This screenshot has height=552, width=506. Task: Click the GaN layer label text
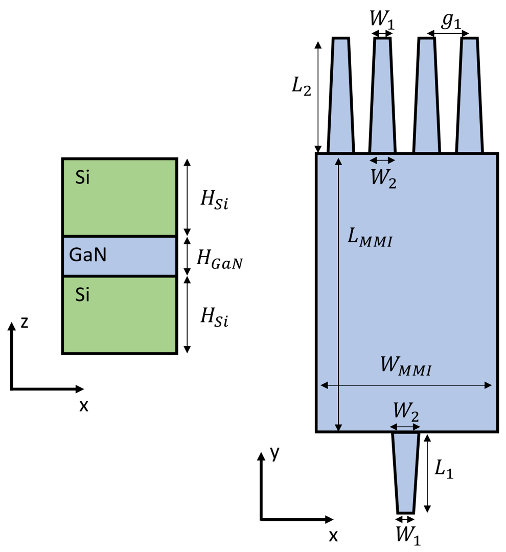(88, 255)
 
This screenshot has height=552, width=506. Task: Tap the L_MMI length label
(370, 239)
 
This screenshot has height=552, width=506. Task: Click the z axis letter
(25, 322)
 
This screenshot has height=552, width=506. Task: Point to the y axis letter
(275, 453)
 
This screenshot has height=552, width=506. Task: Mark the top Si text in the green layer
(82, 179)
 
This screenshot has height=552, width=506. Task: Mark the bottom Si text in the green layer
(82, 295)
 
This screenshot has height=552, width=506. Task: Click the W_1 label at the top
(382, 21)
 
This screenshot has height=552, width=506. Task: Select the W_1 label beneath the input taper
(408, 535)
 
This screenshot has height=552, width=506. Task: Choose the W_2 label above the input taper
(406, 410)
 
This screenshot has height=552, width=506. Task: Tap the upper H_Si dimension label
(214, 200)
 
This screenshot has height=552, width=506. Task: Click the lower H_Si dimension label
(214, 318)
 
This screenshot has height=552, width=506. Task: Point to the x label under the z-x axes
(84, 405)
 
